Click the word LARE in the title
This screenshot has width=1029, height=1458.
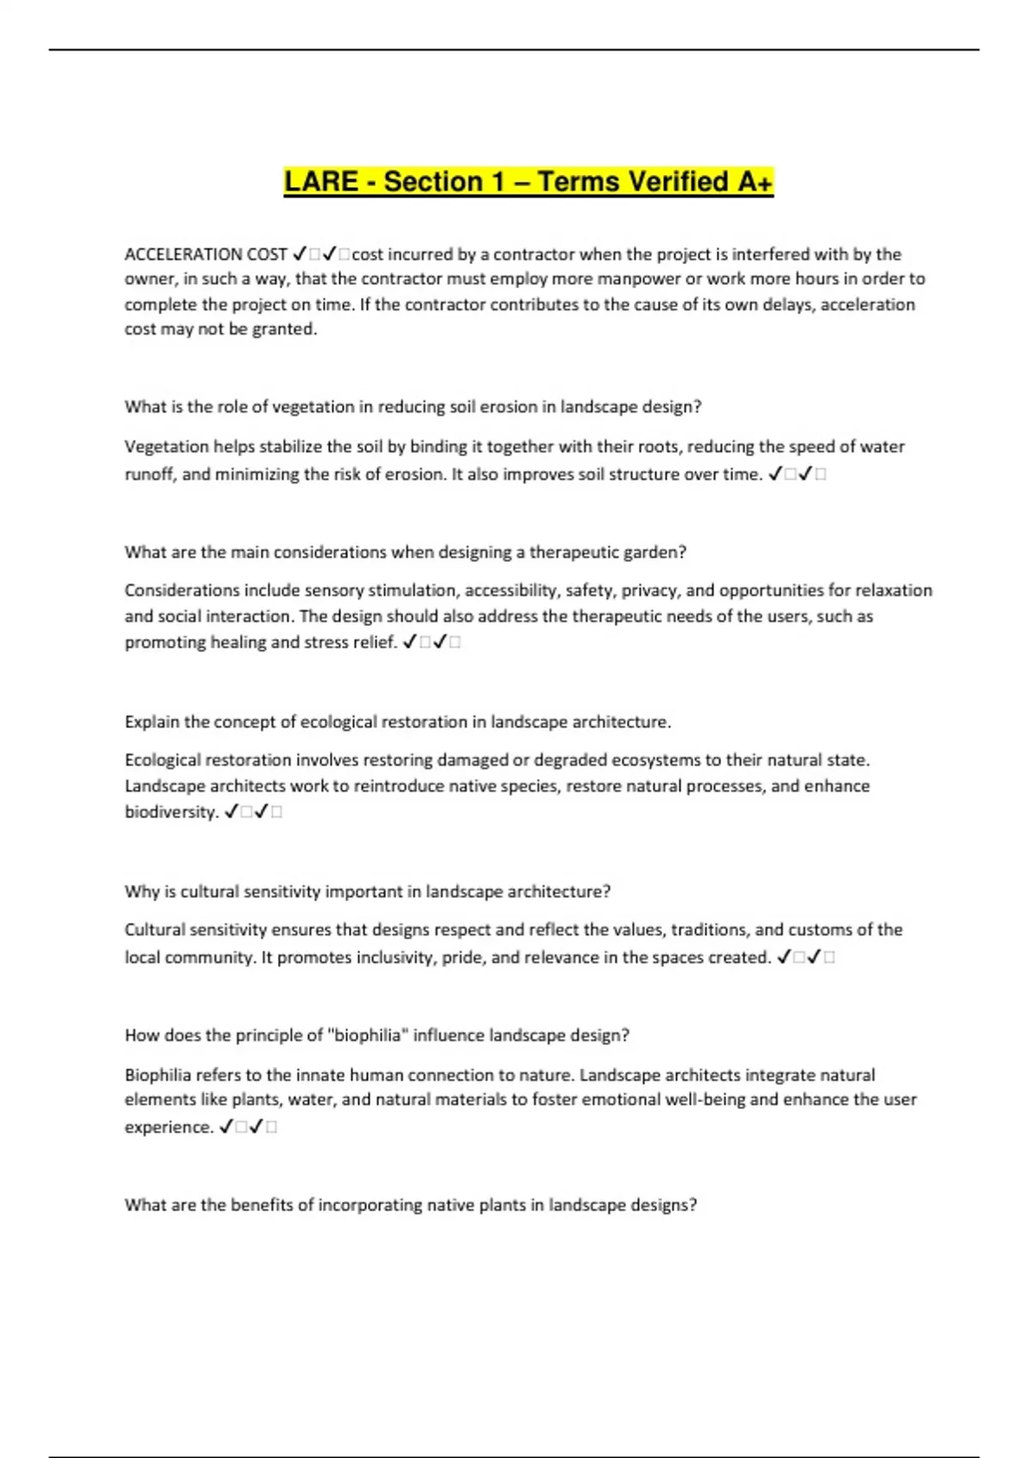[321, 182]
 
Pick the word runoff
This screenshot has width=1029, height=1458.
[149, 474]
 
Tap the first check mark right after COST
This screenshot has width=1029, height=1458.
[300, 254]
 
